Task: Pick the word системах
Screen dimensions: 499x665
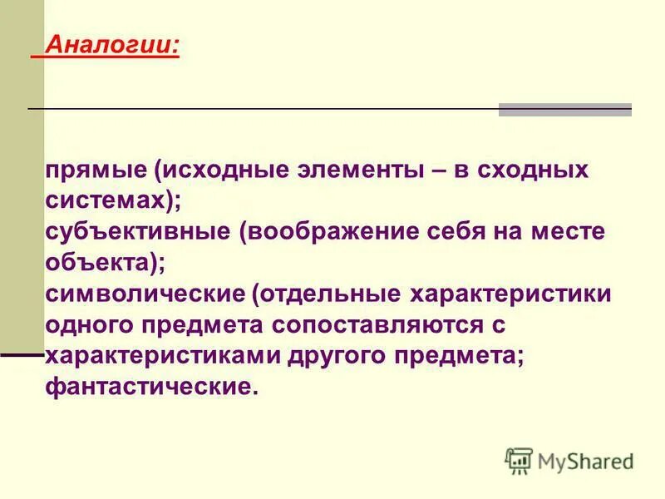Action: (x=110, y=201)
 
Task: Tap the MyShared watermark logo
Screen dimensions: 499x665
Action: (x=570, y=460)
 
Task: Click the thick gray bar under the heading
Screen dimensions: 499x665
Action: (x=564, y=109)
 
